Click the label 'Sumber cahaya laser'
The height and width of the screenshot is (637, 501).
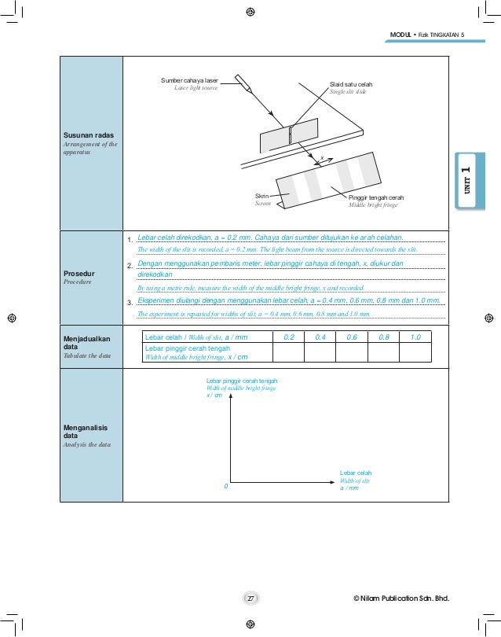click(x=189, y=80)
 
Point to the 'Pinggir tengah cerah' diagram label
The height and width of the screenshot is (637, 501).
click(x=375, y=197)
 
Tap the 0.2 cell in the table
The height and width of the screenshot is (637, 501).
click(x=288, y=337)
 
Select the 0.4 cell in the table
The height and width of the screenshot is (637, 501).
click(x=320, y=337)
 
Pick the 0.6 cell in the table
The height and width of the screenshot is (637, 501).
click(x=352, y=337)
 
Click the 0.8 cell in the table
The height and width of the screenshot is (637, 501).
click(x=384, y=337)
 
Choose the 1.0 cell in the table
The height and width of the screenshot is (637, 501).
click(x=415, y=337)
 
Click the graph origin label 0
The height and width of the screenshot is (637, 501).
click(x=225, y=486)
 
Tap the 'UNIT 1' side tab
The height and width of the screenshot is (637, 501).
click(x=466, y=182)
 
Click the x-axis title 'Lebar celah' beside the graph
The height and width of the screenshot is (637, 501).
click(x=356, y=472)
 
